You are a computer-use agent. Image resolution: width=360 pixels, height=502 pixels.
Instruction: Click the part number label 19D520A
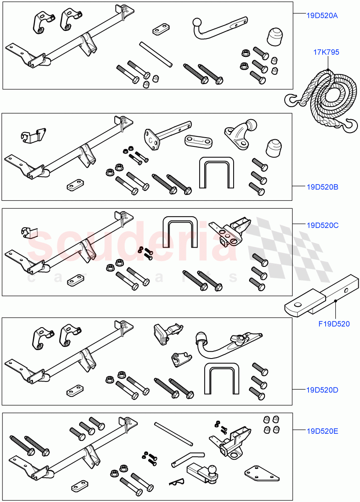click(x=321, y=15)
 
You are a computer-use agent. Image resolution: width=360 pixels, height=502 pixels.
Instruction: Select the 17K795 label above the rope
click(x=326, y=52)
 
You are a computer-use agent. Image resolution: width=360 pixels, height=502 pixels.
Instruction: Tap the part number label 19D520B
click(x=322, y=187)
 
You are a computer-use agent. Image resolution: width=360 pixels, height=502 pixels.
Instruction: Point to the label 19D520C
click(x=322, y=225)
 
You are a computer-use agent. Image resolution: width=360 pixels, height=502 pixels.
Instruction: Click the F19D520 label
click(x=334, y=323)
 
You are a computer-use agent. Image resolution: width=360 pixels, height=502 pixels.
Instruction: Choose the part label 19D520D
click(x=322, y=390)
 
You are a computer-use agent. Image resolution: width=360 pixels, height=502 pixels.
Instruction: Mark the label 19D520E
click(x=322, y=430)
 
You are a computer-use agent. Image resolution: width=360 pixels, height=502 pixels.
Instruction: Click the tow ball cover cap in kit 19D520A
click(x=275, y=38)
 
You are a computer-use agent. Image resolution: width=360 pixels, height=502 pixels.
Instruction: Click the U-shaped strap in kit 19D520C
click(x=180, y=233)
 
